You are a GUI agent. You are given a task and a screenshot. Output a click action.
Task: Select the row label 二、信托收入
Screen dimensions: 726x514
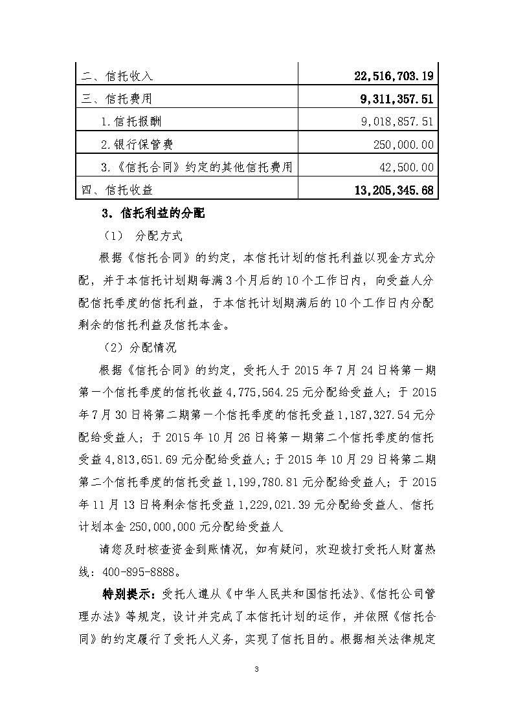118,76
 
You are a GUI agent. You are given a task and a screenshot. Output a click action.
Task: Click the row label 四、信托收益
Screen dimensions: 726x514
118,190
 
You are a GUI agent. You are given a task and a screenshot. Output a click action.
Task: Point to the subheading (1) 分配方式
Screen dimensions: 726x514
144,235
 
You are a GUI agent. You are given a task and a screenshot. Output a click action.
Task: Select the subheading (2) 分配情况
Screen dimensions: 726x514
140,347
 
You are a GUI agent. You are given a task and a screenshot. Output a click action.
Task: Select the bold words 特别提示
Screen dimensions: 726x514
125,594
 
